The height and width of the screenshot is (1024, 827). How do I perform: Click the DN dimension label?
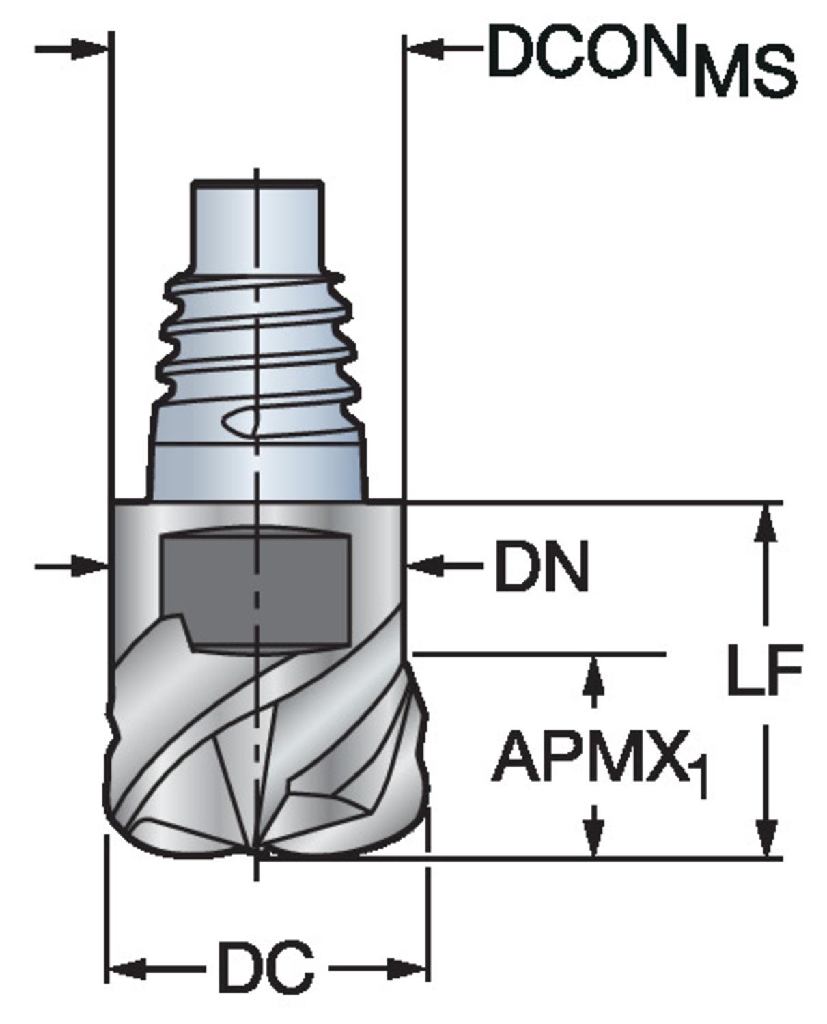pyautogui.click(x=540, y=567)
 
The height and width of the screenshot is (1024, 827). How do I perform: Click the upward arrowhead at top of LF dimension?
pyautogui.click(x=768, y=523)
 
